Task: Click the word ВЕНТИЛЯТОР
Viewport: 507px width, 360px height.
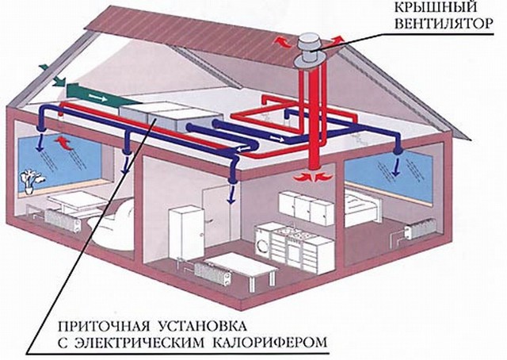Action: tap(444, 24)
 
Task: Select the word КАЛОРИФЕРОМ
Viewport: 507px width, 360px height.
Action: tap(269, 343)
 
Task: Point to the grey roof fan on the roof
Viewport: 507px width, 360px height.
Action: tap(307, 51)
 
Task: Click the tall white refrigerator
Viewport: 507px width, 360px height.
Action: tap(186, 233)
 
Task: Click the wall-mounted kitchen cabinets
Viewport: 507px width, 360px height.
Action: tap(307, 208)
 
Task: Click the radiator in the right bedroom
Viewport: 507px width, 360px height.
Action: tap(420, 228)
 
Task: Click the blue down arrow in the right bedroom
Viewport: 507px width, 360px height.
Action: tap(395, 167)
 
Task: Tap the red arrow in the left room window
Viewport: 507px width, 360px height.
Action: tap(64, 143)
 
